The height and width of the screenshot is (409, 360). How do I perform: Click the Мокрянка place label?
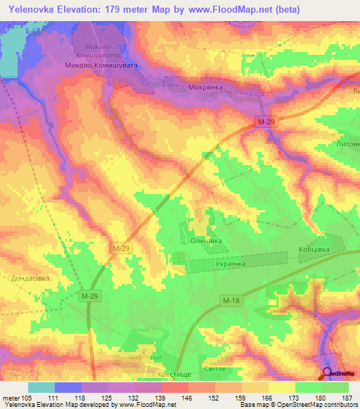(206, 89)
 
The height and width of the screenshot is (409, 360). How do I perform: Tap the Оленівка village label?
(206, 240)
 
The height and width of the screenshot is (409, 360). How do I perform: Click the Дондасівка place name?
(30, 278)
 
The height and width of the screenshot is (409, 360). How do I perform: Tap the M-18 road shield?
(231, 301)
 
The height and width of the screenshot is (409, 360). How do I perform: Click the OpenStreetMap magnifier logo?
(328, 374)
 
